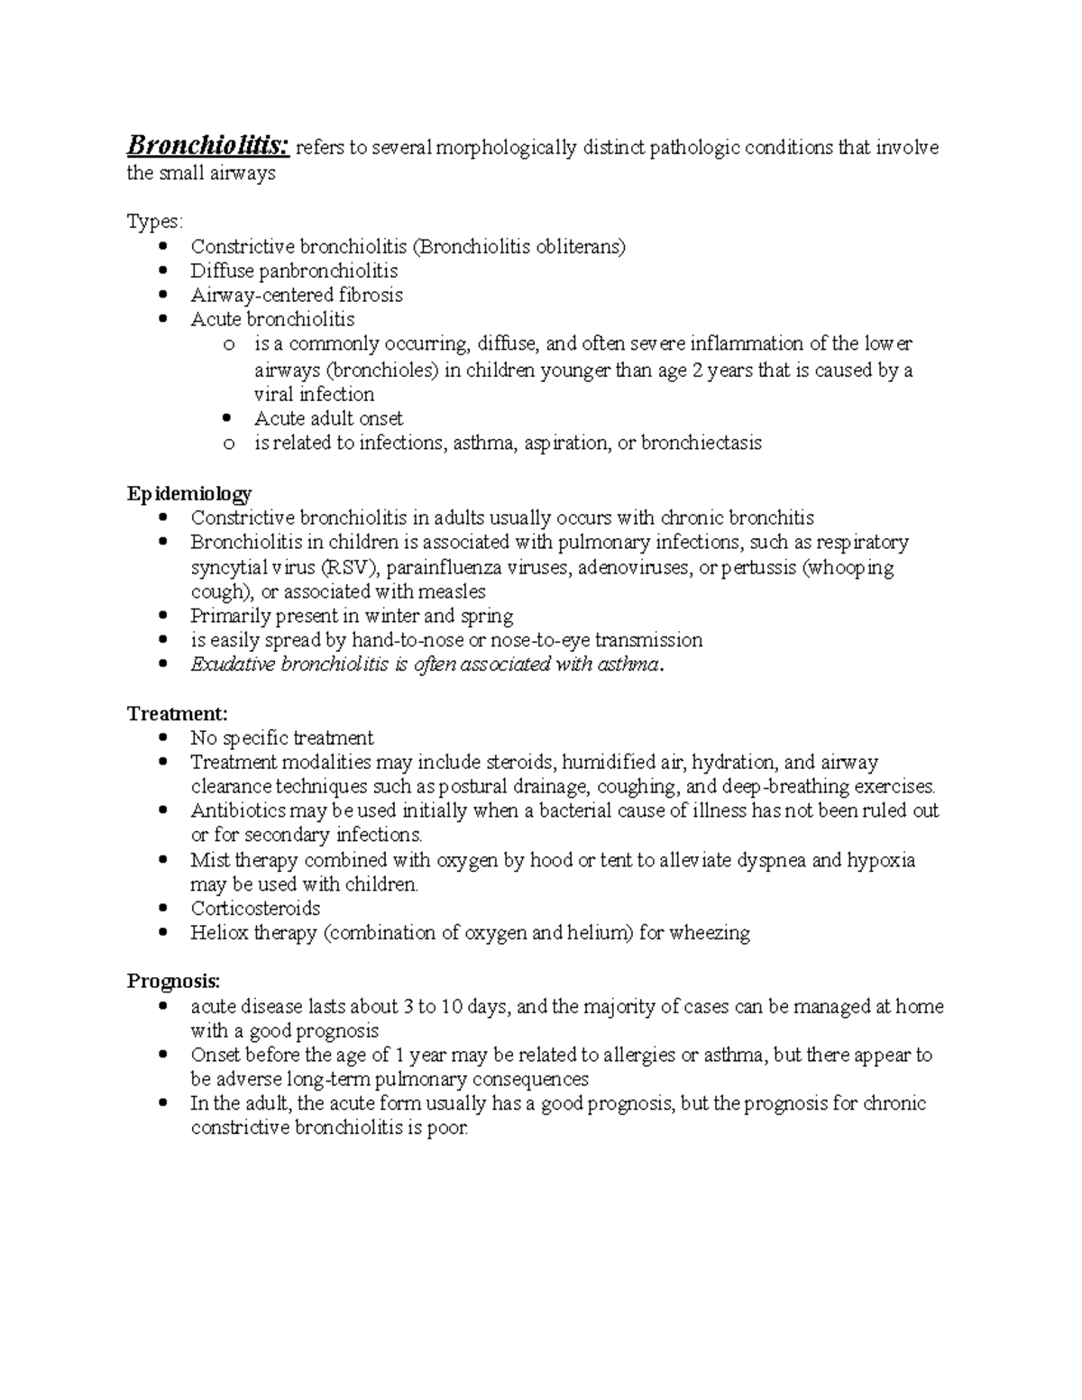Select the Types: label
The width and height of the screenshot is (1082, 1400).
pyautogui.click(x=154, y=222)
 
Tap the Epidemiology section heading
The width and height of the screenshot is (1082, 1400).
pyautogui.click(x=189, y=493)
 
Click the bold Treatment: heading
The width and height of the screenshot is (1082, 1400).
pyautogui.click(x=171, y=714)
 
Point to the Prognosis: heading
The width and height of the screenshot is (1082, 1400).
pyautogui.click(x=173, y=981)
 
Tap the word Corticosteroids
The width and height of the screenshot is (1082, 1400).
pyautogui.click(x=255, y=909)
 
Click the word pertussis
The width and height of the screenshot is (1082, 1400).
pyautogui.click(x=765, y=568)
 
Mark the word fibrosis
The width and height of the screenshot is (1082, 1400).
pyautogui.click(x=371, y=296)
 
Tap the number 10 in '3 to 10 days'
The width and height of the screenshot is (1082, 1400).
pyautogui.click(x=453, y=1007)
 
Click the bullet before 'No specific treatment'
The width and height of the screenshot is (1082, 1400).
pyautogui.click(x=163, y=738)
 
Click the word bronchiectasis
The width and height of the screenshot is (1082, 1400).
pyautogui.click(x=701, y=444)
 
